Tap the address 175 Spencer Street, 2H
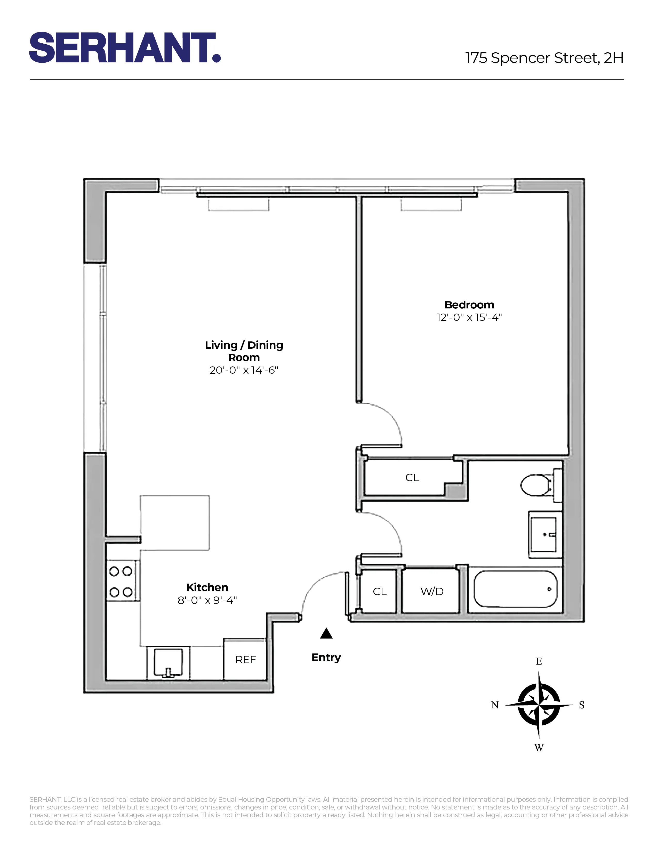click(544, 58)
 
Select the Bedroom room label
click(469, 305)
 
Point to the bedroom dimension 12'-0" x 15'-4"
click(469, 317)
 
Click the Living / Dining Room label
click(244, 351)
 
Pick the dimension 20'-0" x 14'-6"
click(244, 370)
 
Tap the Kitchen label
click(207, 587)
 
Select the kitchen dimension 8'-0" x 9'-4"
click(207, 600)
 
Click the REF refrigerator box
click(245, 660)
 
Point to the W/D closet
click(431, 592)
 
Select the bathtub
click(515, 589)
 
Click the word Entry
click(326, 657)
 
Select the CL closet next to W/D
click(379, 592)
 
